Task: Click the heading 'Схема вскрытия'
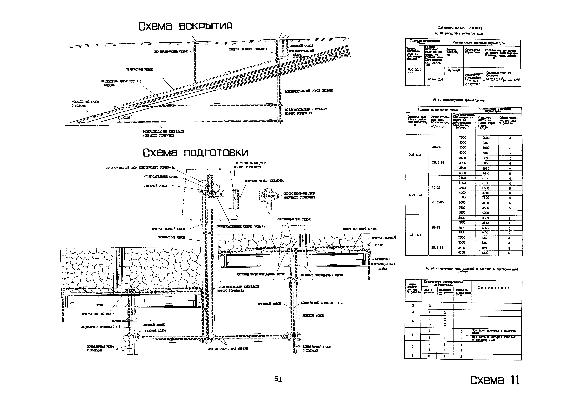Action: tap(185, 26)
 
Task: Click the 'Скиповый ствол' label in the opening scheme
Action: tap(301, 46)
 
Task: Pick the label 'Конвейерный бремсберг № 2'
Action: tap(322, 303)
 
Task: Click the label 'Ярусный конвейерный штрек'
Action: tap(322, 275)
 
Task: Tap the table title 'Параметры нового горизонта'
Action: tap(460, 28)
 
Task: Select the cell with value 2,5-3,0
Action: tap(454, 70)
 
